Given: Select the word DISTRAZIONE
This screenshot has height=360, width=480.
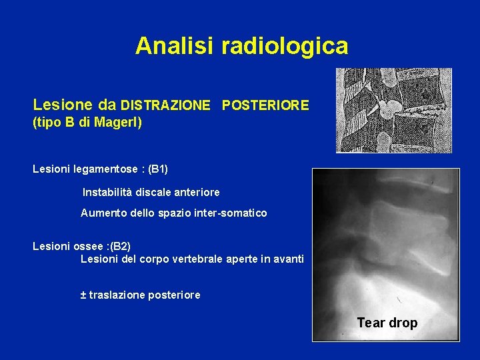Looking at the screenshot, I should [x=165, y=105].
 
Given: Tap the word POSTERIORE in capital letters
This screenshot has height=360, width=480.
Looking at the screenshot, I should [x=265, y=105].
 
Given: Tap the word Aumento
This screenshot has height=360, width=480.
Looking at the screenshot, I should [x=101, y=213].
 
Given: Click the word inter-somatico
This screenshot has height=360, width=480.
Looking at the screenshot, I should [x=232, y=213].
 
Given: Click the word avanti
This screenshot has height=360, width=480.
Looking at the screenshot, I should [x=288, y=259].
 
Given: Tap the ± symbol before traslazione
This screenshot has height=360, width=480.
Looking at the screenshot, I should [x=83, y=295].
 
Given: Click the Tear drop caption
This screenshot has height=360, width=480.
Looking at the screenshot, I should [x=387, y=323].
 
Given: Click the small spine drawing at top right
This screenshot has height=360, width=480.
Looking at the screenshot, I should [x=393, y=111].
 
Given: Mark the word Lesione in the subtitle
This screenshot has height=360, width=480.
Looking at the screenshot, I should [x=56, y=105].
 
